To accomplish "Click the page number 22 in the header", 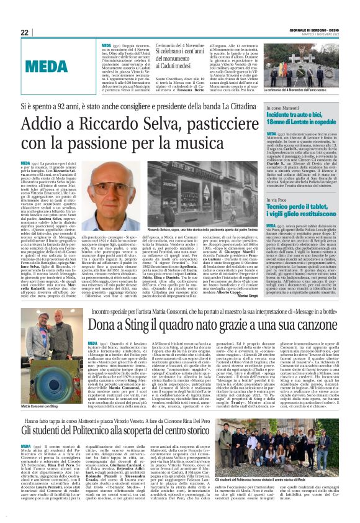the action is [25, 32].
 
